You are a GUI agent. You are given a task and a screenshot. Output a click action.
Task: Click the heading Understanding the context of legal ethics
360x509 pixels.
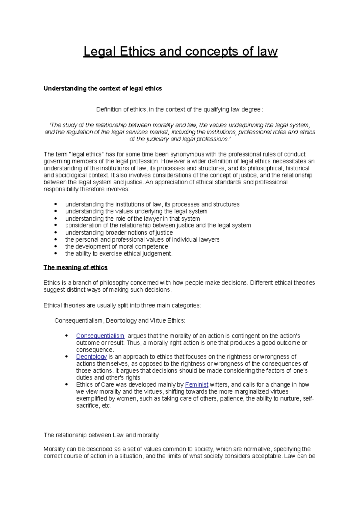(x=103, y=88)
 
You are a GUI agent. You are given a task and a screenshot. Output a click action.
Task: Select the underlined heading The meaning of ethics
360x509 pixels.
(x=75, y=267)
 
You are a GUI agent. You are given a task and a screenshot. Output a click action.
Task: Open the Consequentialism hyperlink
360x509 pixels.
(x=100, y=336)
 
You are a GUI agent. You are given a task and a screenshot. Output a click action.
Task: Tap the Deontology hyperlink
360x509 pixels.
(x=91, y=357)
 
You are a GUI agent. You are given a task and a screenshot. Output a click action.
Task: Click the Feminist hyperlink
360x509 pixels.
(x=197, y=385)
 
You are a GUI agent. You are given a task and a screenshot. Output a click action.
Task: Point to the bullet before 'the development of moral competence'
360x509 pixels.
(x=55, y=246)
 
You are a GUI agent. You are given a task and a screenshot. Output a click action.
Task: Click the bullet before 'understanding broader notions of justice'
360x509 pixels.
(x=55, y=233)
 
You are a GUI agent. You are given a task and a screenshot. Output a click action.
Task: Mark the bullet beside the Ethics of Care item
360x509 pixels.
(x=67, y=385)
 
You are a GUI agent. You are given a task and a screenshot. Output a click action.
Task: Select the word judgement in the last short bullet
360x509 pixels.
(x=159, y=254)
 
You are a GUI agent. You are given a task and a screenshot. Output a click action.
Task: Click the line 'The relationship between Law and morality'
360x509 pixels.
(x=101, y=435)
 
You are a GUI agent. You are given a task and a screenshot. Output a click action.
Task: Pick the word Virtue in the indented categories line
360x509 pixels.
(x=158, y=321)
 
